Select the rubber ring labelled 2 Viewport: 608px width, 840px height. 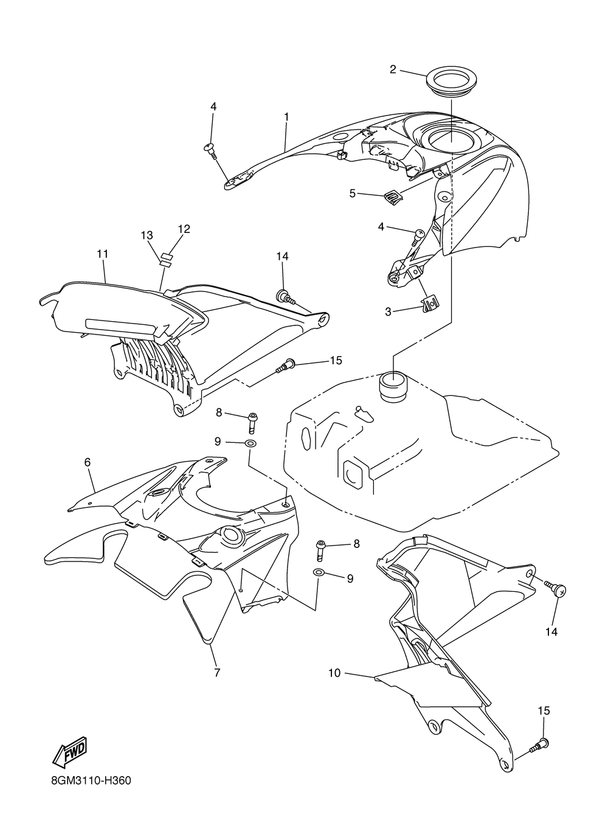453,82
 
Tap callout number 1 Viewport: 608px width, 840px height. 286,116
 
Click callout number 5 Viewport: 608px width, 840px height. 352,193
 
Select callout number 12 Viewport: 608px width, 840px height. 184,229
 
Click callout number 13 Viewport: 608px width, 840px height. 147,235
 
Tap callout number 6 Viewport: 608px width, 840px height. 88,463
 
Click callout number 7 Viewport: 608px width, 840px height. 217,672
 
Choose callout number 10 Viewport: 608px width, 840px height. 334,673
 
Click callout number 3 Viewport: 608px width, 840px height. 388,312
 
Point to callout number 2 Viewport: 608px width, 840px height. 393,69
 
